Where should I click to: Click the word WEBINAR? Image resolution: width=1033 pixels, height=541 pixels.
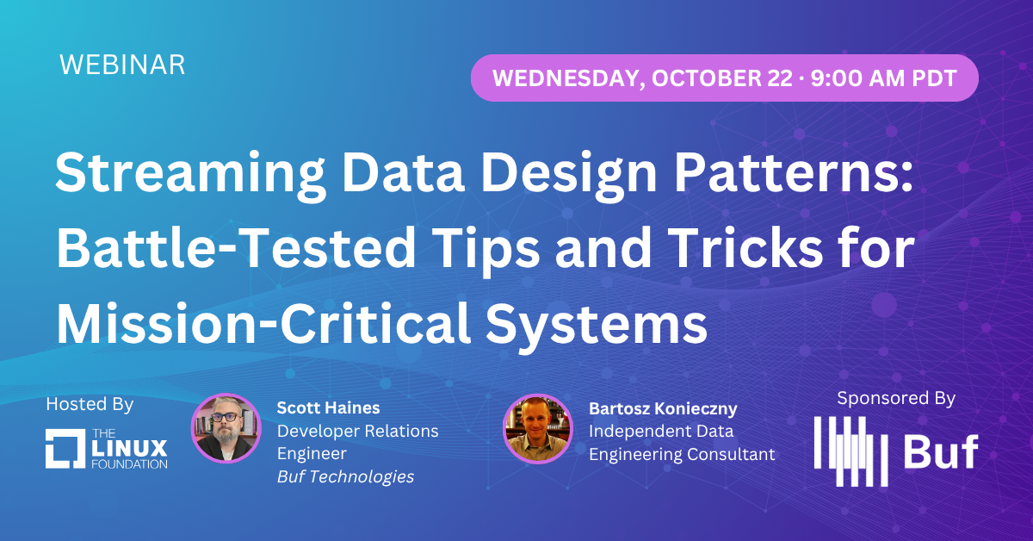tap(122, 65)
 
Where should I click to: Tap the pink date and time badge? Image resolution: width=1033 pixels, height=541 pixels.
tap(724, 78)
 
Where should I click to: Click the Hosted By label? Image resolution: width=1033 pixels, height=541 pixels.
tap(90, 404)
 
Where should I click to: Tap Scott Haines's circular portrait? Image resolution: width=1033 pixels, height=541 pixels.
tap(226, 429)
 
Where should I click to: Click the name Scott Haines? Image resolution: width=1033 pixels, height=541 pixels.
tap(328, 407)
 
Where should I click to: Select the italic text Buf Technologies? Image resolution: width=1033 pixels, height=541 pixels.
tap(345, 476)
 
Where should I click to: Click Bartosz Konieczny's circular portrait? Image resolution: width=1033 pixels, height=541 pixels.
tap(537, 429)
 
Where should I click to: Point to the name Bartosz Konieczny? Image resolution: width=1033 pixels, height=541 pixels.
tap(663, 407)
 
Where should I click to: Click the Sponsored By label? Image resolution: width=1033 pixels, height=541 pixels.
tap(895, 398)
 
